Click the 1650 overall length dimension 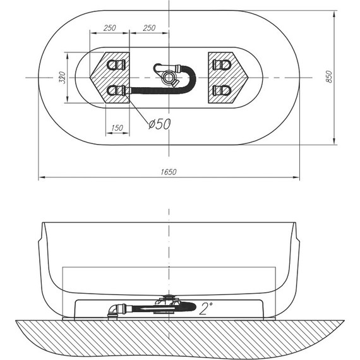169,172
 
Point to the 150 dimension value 116,128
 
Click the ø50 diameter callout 159,124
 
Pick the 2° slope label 205,308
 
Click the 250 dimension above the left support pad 109,28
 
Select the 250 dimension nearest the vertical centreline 149,28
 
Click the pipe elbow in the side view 112,310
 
